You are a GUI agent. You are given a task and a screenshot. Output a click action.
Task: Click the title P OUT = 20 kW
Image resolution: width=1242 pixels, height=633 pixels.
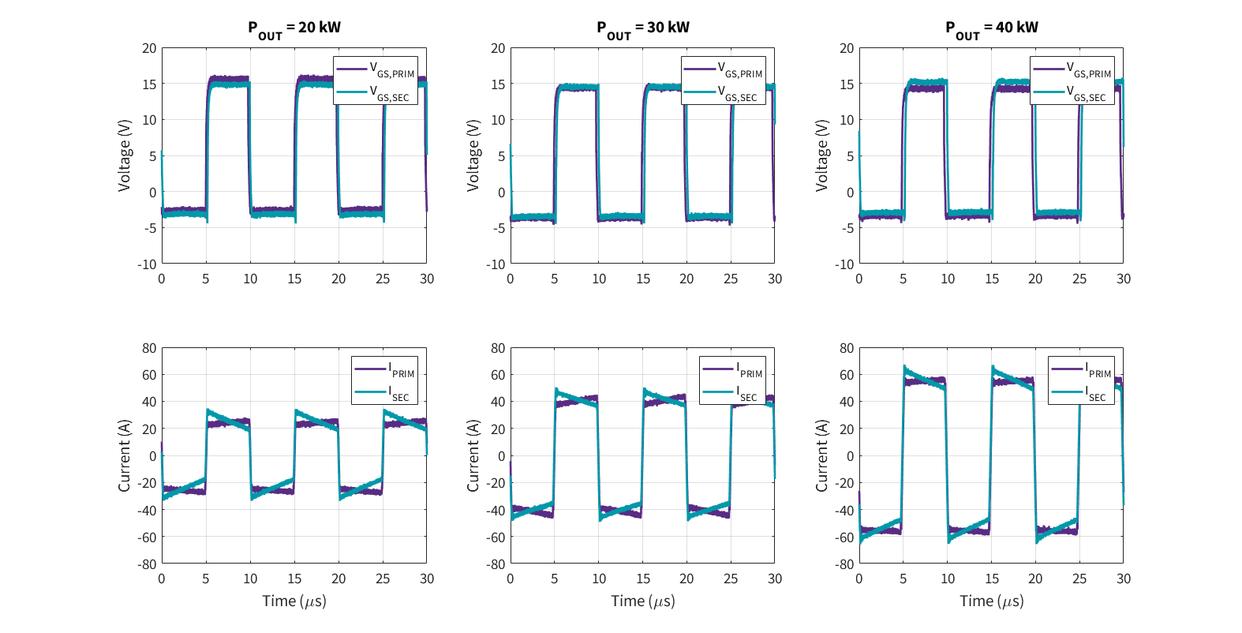[x=294, y=28]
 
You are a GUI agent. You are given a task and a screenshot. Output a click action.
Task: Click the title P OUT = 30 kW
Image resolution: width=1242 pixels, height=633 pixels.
[x=643, y=28]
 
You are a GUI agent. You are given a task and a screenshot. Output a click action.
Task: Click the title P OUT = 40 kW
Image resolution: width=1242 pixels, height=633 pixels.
[x=992, y=28]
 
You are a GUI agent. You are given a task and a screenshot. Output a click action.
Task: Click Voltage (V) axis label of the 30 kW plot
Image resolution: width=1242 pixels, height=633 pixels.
[x=473, y=155]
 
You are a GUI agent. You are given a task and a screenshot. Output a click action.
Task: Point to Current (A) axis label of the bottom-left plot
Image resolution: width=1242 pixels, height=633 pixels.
[x=125, y=455]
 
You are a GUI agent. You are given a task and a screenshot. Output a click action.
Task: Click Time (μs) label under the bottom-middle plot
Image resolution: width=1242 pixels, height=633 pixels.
[x=643, y=601]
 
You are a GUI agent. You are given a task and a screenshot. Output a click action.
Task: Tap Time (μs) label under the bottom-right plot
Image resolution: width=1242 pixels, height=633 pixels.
[x=992, y=601]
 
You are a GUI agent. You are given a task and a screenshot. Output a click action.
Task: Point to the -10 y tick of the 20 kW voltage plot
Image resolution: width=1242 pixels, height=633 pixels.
[x=148, y=264]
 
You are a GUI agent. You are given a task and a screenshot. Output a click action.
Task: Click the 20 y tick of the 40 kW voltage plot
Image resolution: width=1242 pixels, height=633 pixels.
[x=847, y=48]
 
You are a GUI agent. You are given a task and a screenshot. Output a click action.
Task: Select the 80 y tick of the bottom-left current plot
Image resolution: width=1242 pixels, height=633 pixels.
[x=149, y=348]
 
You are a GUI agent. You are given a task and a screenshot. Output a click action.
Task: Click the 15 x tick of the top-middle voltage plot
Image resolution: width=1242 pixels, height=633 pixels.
[x=643, y=279]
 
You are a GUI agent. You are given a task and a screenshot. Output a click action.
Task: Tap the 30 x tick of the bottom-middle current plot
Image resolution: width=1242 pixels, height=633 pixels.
[x=775, y=579]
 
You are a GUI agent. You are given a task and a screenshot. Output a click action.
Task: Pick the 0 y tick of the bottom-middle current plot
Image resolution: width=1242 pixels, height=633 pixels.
[x=501, y=456]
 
